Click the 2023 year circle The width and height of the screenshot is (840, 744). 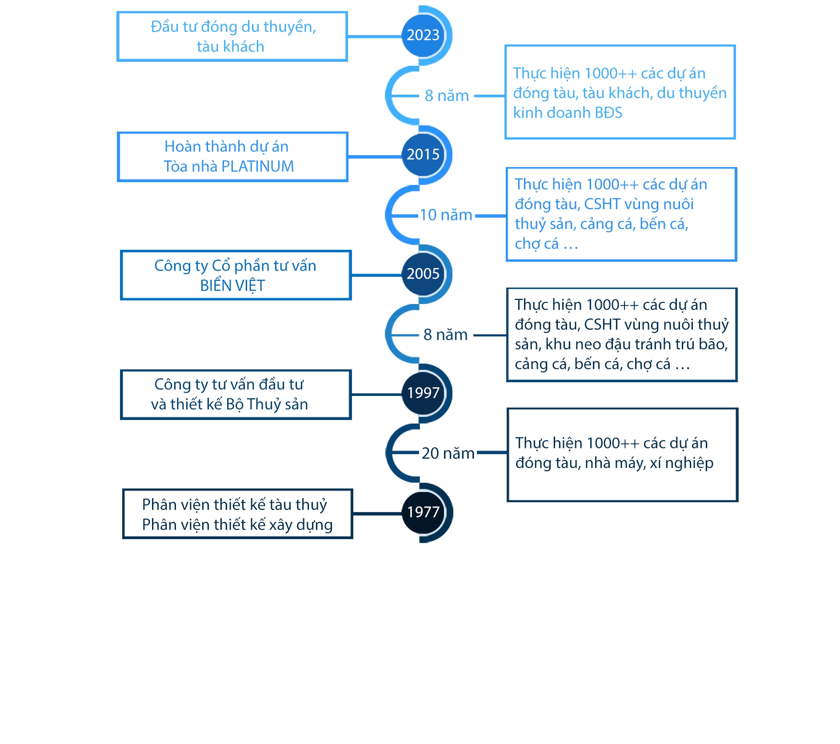click(423, 36)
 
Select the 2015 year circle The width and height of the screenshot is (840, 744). click(423, 155)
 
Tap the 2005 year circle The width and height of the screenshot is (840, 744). click(423, 274)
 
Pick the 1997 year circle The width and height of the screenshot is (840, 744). click(423, 393)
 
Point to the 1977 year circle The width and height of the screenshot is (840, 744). click(423, 512)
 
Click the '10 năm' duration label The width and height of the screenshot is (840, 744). click(446, 215)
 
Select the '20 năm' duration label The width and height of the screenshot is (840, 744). click(448, 453)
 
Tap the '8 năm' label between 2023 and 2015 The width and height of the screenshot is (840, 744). click(447, 96)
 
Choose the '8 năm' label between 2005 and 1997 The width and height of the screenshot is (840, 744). click(445, 335)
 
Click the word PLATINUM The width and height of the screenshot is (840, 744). click(258, 167)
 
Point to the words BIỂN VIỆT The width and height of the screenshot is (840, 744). click(232, 286)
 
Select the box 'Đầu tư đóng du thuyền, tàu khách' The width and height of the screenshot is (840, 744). click(232, 36)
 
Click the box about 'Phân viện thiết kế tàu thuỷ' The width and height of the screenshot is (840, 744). click(237, 514)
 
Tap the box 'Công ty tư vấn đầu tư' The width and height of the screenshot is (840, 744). click(236, 395)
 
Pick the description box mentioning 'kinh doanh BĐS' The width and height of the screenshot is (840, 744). click(620, 92)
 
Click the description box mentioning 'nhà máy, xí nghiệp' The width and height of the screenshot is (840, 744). click(622, 455)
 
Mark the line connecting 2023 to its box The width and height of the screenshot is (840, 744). click(375, 36)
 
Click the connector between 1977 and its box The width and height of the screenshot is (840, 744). click(377, 514)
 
